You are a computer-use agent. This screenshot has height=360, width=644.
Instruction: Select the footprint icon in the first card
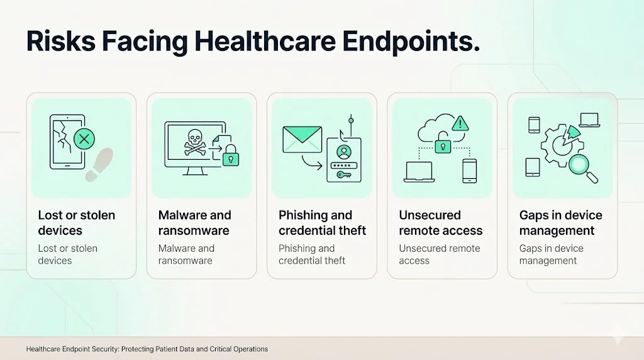pos(99,164)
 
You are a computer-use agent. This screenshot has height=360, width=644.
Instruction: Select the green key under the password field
pos(344,175)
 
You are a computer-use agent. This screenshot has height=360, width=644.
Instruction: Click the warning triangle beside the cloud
pos(461,122)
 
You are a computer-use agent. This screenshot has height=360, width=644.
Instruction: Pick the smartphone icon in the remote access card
pos(469,171)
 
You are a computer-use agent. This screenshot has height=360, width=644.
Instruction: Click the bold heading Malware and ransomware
pos(195,223)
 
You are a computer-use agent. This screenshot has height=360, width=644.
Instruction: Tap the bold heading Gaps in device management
pos(561,223)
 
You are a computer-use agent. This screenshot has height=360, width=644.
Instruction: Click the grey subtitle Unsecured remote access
pos(439,254)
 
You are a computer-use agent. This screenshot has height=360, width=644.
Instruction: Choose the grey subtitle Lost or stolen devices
pos(68,254)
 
